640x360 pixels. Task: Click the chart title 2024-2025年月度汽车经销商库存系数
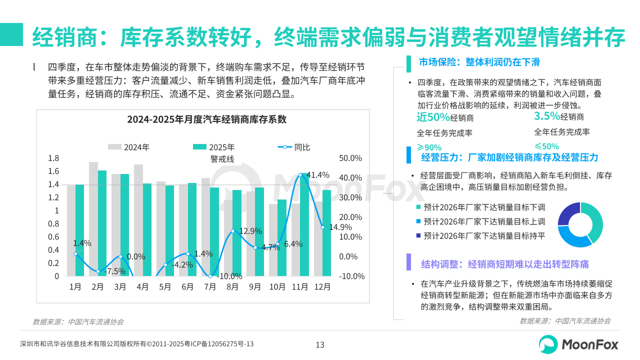[206, 119]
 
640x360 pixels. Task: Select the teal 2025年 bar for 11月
[304, 225]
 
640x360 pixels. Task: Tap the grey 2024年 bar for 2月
[93, 219]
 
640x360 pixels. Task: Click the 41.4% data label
[318, 175]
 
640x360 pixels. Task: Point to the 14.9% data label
[339, 226]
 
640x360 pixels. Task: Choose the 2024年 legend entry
[129, 147]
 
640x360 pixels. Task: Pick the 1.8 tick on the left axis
[53, 158]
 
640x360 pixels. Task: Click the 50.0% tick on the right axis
[350, 158]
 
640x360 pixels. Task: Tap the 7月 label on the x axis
[210, 287]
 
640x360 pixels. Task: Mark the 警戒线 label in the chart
[222, 159]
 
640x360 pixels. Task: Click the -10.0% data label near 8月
[230, 275]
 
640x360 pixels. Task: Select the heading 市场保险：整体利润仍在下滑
[479, 62]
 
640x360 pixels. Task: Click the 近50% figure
[433, 117]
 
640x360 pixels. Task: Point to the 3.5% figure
[546, 116]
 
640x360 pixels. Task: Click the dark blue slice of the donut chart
[568, 213]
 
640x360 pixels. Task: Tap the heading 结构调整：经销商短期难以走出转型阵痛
[505, 264]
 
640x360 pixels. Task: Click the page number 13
[320, 344]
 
